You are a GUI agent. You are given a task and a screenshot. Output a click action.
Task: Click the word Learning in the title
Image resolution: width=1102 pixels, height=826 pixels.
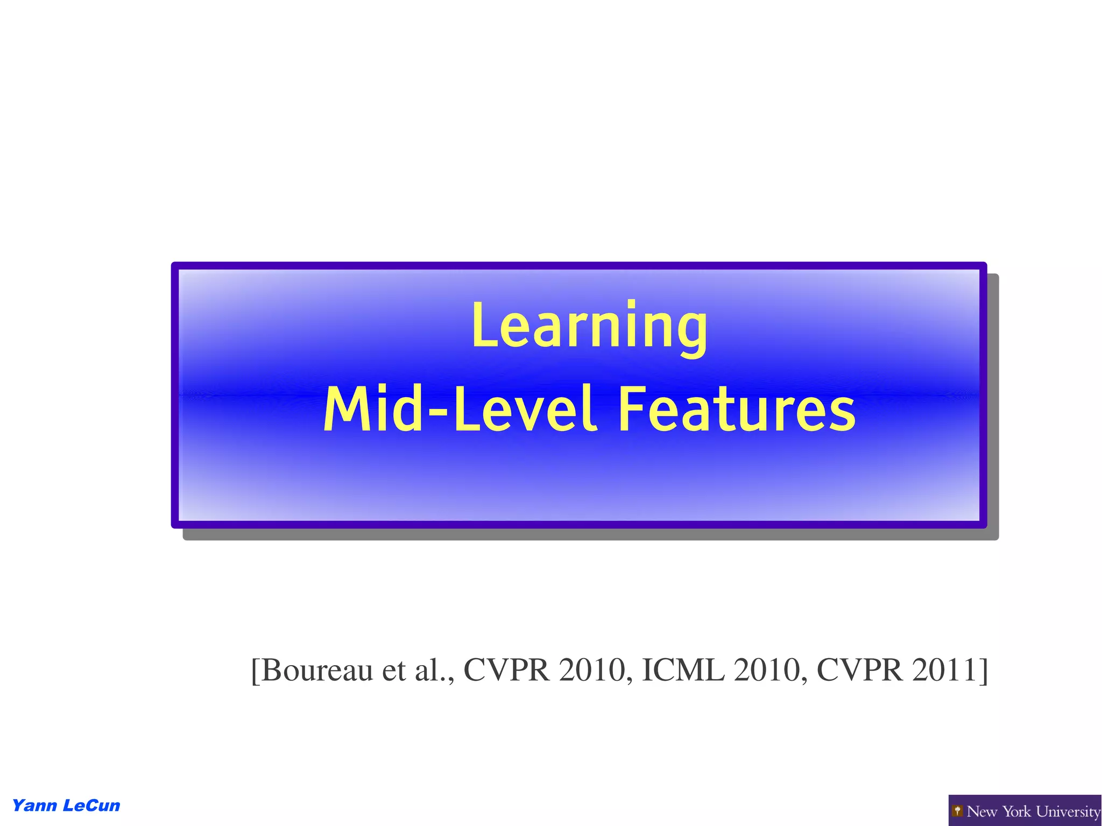point(589,326)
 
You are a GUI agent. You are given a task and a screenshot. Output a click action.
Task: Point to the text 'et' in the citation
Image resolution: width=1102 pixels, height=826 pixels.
point(394,670)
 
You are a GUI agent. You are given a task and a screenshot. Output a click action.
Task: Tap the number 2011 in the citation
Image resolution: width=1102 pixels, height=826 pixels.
point(944,670)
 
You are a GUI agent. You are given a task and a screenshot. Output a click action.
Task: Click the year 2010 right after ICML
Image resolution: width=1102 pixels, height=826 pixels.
point(768,670)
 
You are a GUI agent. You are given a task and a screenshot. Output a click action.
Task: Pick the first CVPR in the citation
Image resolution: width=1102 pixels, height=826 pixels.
point(507,670)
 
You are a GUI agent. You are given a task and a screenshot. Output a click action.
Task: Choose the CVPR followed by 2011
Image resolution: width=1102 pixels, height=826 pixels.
point(859,670)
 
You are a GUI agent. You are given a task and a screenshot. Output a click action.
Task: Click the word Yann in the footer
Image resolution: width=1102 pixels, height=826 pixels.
point(34,806)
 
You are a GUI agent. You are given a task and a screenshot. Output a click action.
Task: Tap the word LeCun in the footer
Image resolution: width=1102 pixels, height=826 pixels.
point(91,806)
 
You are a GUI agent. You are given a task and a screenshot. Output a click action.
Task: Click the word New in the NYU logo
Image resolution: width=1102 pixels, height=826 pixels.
point(983,811)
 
